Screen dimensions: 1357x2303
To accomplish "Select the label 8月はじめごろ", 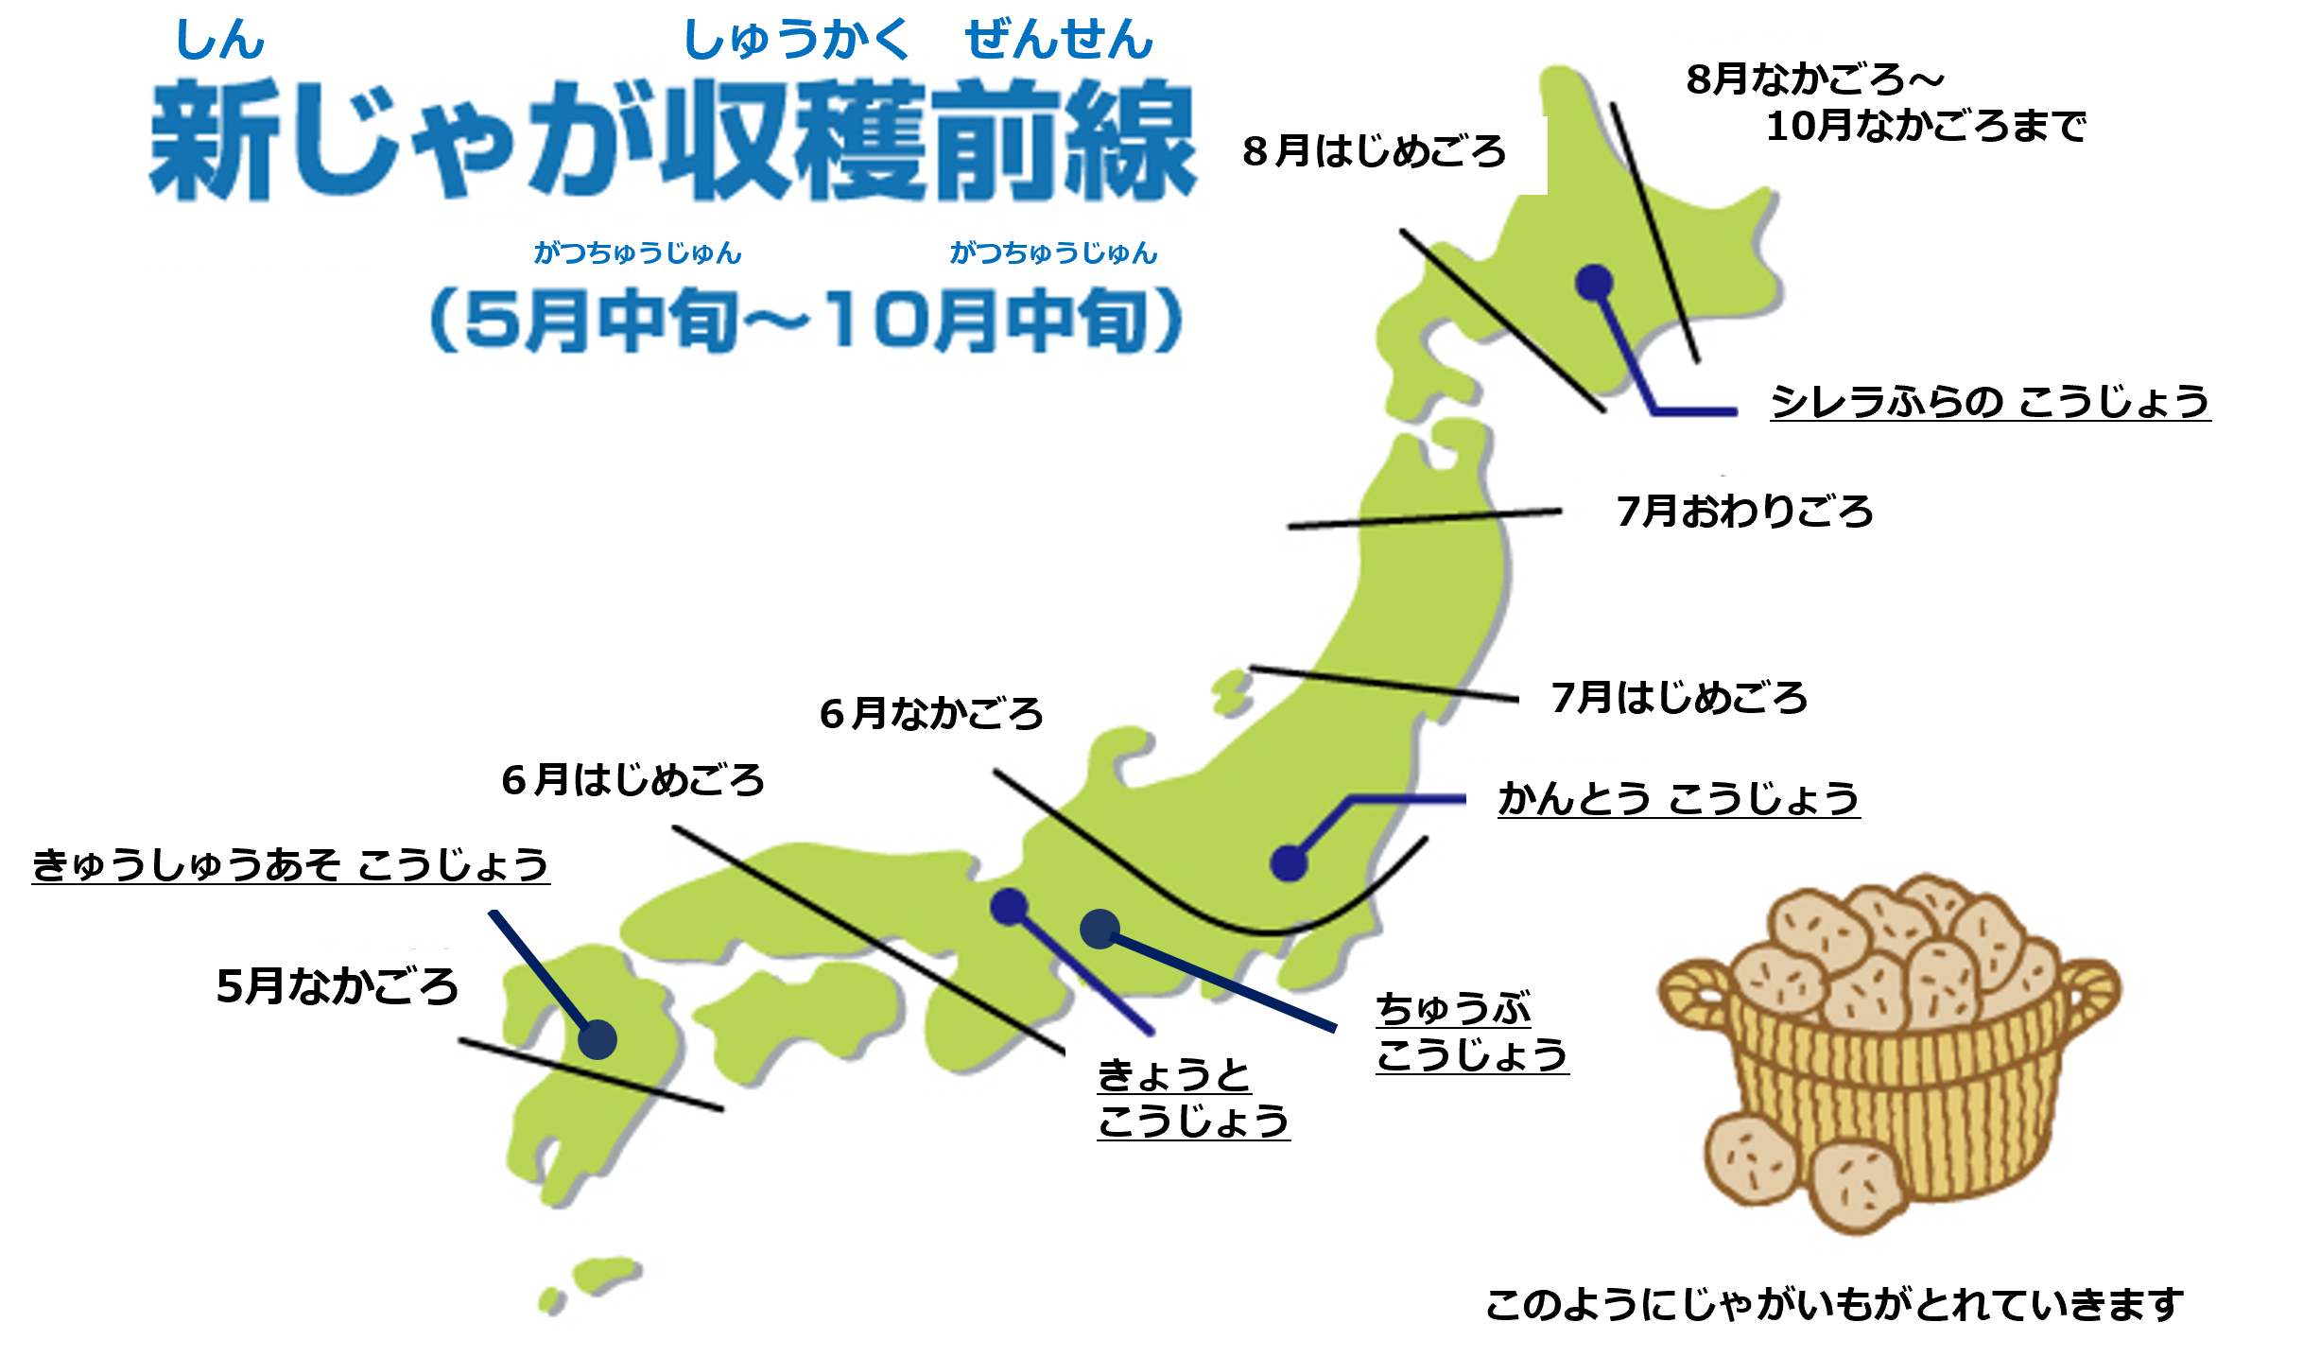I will click(1374, 152).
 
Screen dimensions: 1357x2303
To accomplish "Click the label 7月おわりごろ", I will click(1744, 512).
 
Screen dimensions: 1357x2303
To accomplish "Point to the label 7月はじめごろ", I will click(1679, 699).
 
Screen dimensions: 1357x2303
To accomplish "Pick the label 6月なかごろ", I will click(931, 714).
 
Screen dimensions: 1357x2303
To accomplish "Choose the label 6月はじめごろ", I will click(632, 781).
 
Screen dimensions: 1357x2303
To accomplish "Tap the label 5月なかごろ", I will click(338, 986).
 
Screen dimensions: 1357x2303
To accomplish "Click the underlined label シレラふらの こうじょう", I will click(1990, 403).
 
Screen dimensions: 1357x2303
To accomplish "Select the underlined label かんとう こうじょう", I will click(1679, 799).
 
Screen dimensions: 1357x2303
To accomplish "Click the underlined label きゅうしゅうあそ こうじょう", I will click(290, 865).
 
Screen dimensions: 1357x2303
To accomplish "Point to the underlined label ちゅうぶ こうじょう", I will click(1471, 1032).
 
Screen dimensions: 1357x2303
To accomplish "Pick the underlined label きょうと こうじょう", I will click(1193, 1098).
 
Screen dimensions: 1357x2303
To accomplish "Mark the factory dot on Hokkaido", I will click(1594, 281).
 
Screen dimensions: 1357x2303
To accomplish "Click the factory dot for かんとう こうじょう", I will click(1289, 862).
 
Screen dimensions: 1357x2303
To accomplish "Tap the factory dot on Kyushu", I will click(597, 1040).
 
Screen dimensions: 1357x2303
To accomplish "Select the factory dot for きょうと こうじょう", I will click(1009, 906).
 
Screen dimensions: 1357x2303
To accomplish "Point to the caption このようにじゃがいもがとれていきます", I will click(1834, 1306).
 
